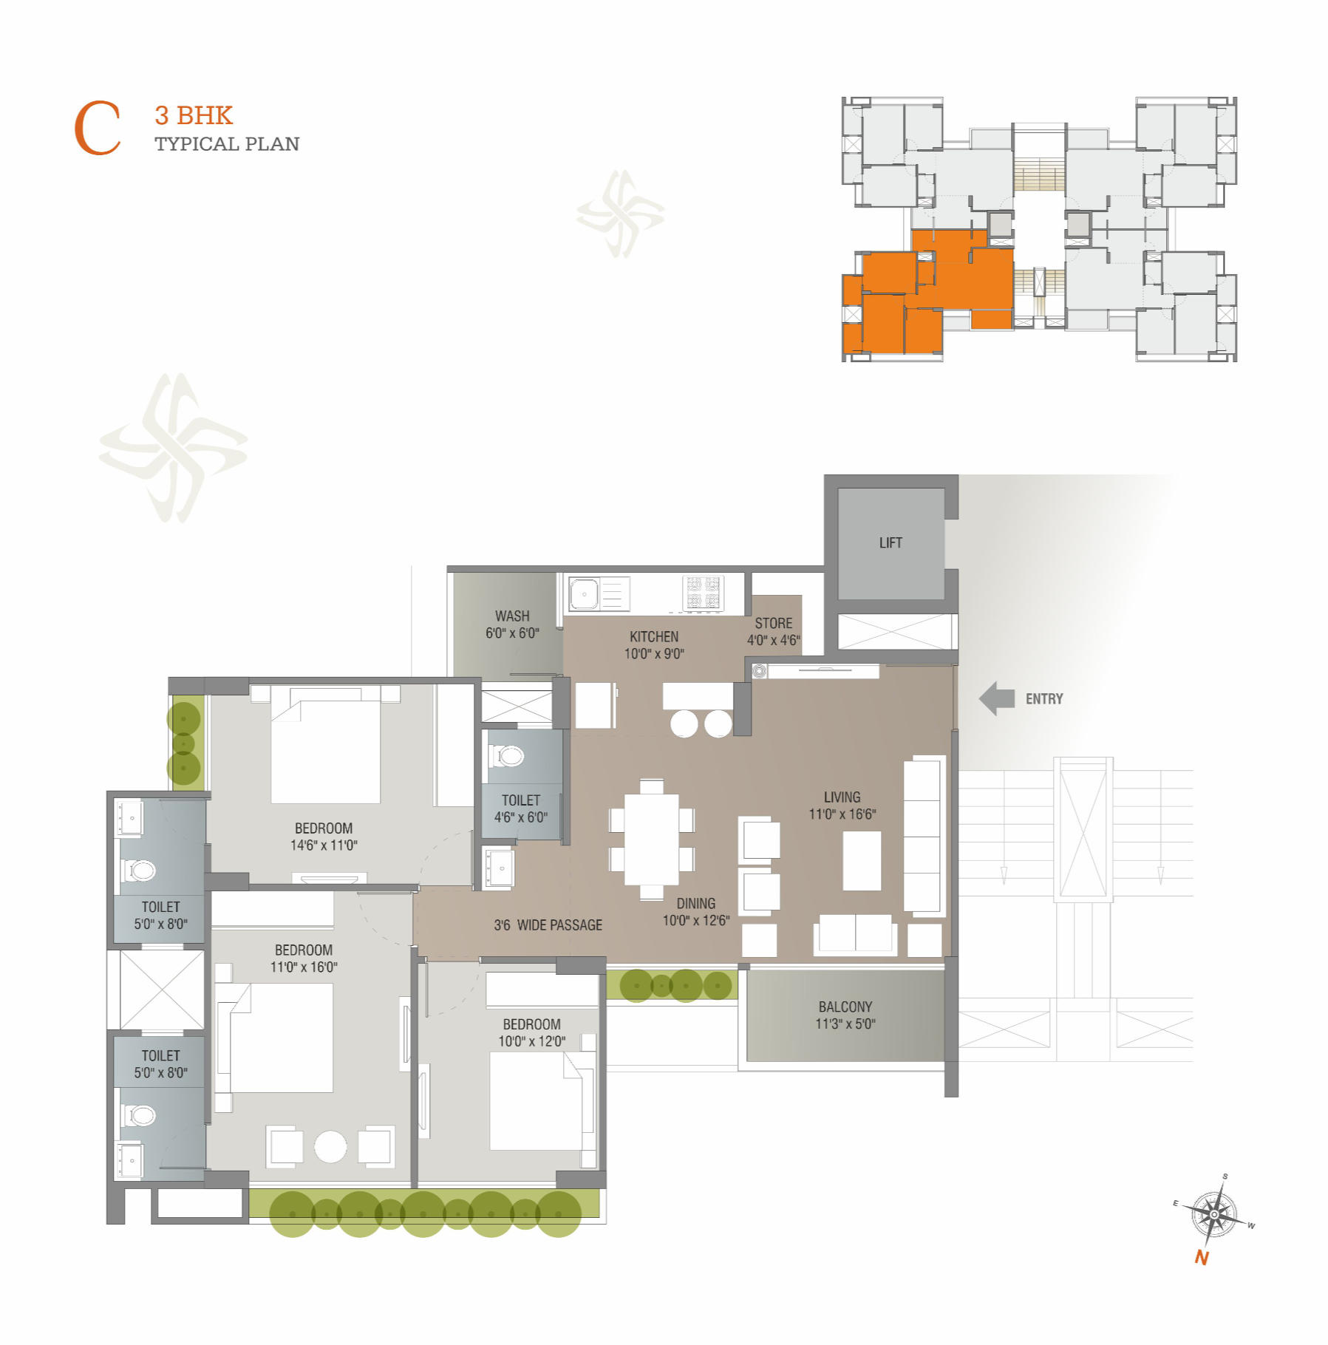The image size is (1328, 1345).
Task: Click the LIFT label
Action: pyautogui.click(x=891, y=543)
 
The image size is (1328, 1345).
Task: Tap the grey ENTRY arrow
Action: pyautogui.click(x=997, y=698)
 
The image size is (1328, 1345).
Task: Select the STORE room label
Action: pyautogui.click(x=773, y=624)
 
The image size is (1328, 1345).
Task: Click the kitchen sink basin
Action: pyautogui.click(x=584, y=594)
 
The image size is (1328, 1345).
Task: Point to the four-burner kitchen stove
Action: pyautogui.click(x=703, y=593)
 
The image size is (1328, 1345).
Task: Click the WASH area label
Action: pyautogui.click(x=512, y=616)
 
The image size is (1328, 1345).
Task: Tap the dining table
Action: pyautogui.click(x=651, y=840)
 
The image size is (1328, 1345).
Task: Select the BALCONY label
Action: pyautogui.click(x=845, y=1007)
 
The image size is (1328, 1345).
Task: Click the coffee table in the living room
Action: pyautogui.click(x=862, y=861)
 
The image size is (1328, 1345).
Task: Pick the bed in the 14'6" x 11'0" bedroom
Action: pyautogui.click(x=325, y=745)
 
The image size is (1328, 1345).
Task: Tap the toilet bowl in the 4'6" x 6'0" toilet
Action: pyautogui.click(x=508, y=756)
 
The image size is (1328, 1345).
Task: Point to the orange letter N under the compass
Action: pyautogui.click(x=1202, y=1258)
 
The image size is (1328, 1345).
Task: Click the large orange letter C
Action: pyautogui.click(x=97, y=129)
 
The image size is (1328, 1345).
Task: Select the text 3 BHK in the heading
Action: pyautogui.click(x=194, y=116)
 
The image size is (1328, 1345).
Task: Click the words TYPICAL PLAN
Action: pyautogui.click(x=227, y=144)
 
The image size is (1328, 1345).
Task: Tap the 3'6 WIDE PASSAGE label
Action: pyautogui.click(x=548, y=925)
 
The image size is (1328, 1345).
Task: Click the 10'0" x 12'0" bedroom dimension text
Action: pyautogui.click(x=532, y=1042)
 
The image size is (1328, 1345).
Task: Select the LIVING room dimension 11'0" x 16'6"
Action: pyautogui.click(x=842, y=814)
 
